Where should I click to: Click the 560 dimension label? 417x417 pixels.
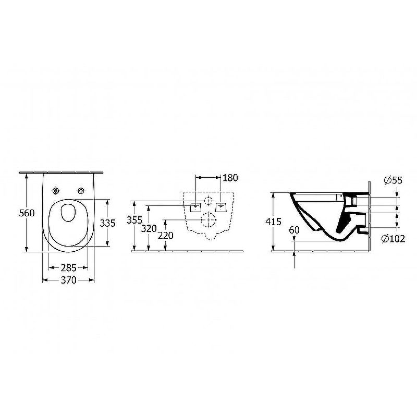[x=27, y=213]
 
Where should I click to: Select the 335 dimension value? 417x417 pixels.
[x=108, y=223]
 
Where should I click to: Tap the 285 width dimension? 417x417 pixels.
[x=69, y=267]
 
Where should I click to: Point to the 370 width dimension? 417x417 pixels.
[x=69, y=280]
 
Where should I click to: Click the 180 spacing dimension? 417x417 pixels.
[x=230, y=178]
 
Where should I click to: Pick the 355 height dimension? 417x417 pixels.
[x=134, y=220]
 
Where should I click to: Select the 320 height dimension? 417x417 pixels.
[x=149, y=228]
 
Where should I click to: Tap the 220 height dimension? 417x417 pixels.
[x=165, y=236]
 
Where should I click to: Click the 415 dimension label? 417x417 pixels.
[x=273, y=222]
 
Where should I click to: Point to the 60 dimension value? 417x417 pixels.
[x=294, y=230]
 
